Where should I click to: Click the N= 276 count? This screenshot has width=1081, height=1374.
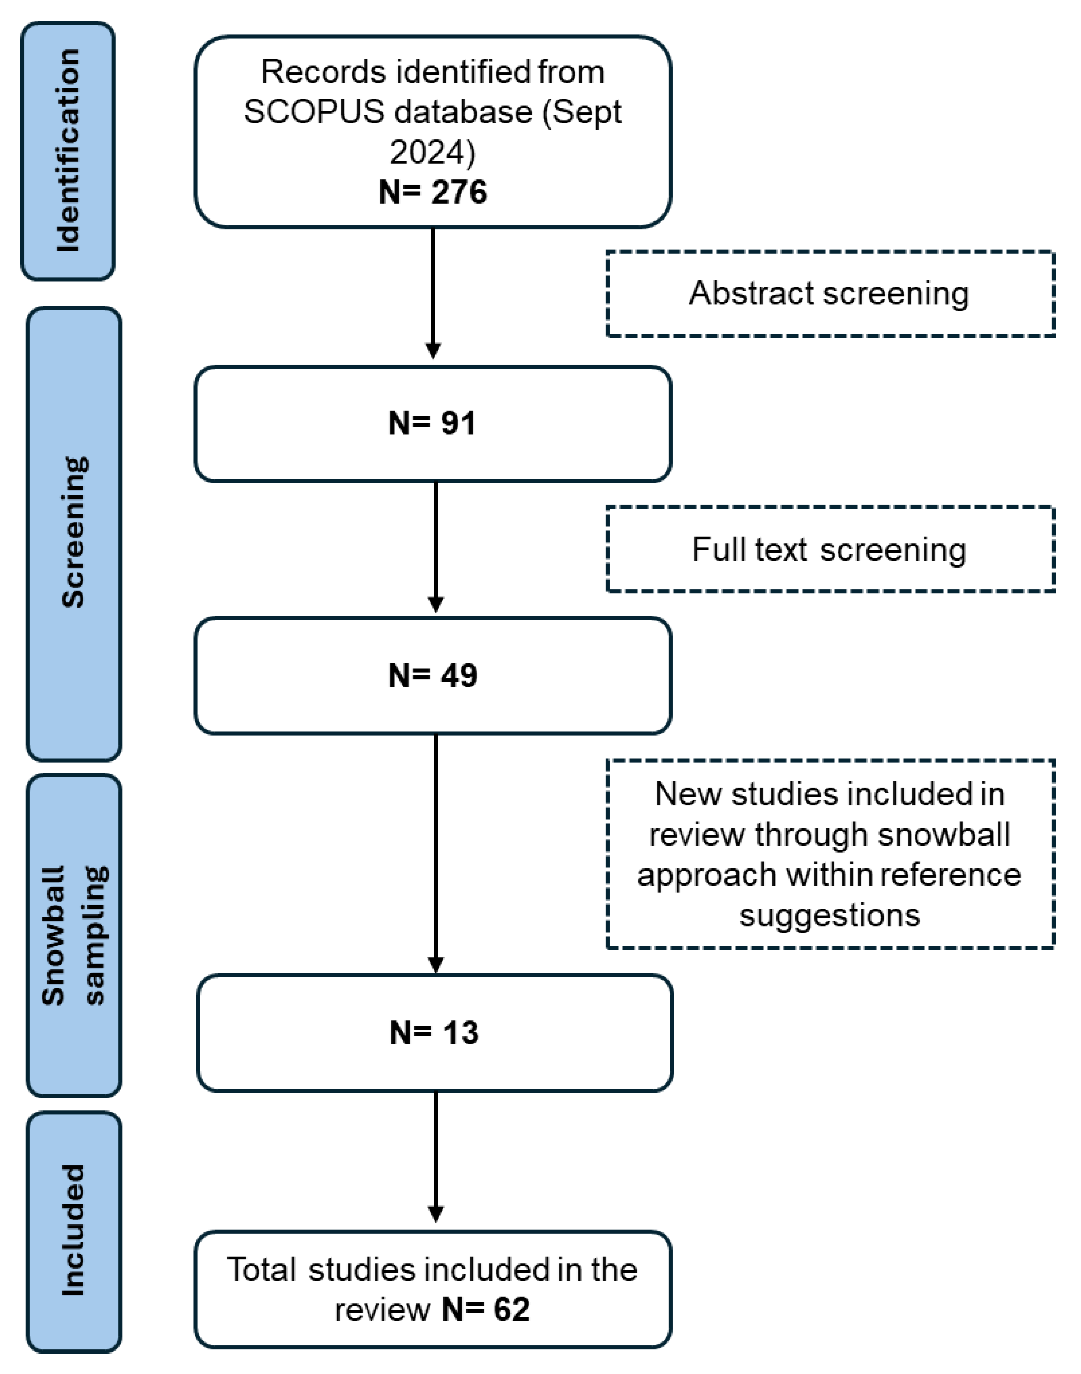[433, 192]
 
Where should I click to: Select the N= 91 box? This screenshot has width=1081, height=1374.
[433, 424]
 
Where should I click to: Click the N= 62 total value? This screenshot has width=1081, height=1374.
[486, 1309]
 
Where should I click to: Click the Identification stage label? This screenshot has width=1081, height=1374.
[69, 151]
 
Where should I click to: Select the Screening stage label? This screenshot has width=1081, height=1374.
[74, 533]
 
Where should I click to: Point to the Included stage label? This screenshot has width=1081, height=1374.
[74, 1230]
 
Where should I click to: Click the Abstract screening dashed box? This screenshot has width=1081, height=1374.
[829, 294]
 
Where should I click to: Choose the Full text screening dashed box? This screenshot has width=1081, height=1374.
[829, 549]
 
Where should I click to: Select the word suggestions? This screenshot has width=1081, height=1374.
[829, 915]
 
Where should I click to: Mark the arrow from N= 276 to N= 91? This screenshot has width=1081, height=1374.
[433, 294]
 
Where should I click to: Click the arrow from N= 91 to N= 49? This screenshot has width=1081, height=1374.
[435, 547]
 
